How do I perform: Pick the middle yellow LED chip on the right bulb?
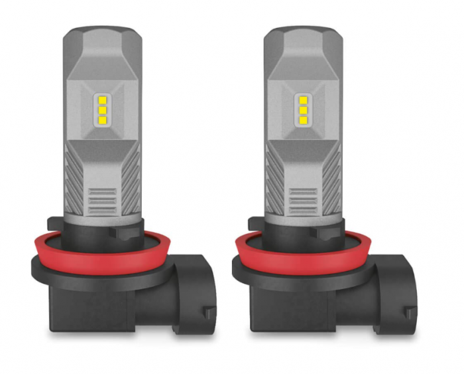304,110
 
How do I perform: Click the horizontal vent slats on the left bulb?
102,198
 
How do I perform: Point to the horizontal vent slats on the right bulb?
304,198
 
